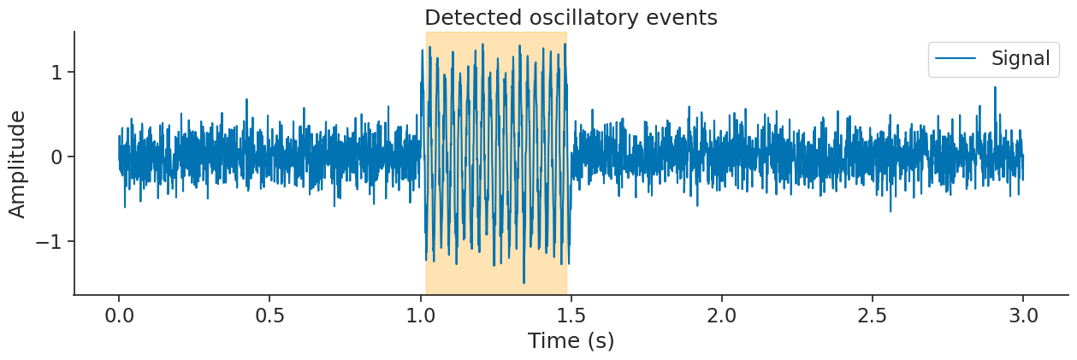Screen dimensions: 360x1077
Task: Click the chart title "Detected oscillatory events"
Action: (x=571, y=17)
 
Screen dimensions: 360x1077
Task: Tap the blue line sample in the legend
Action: (x=956, y=58)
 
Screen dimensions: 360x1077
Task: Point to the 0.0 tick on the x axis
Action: (x=119, y=316)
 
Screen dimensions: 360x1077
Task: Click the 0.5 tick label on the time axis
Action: (x=269, y=316)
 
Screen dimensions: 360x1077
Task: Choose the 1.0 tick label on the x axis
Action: (x=420, y=316)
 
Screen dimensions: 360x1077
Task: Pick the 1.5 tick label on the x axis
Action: (x=571, y=316)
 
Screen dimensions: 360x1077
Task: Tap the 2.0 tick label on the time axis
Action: (x=721, y=316)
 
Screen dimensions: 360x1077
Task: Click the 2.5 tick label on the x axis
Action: (x=872, y=316)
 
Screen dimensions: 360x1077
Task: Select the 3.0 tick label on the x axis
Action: (x=1023, y=316)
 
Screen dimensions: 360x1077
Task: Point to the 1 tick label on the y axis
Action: (x=57, y=72)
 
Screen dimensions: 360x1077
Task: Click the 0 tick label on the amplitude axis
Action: (x=57, y=156)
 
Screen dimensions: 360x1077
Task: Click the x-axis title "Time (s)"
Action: (x=571, y=341)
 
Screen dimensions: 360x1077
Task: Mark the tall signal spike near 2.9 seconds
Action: (x=995, y=88)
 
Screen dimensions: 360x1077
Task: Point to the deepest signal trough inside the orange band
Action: (x=524, y=281)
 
